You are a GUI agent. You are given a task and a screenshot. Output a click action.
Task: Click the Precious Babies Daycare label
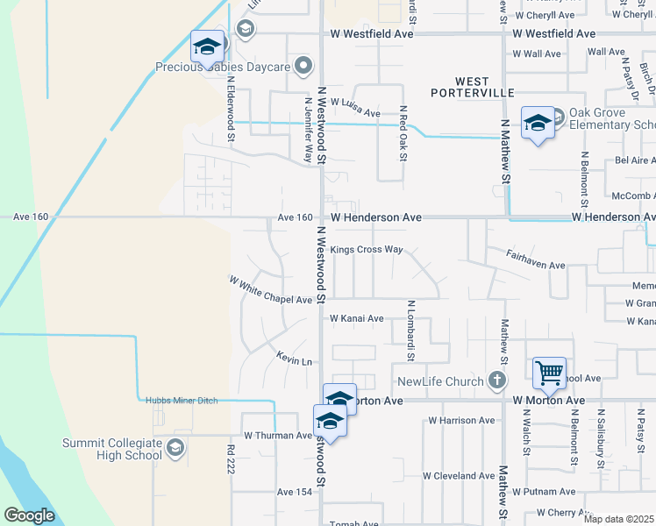pyautogui.click(x=225, y=66)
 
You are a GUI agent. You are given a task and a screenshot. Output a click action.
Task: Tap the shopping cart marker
pyautogui.click(x=549, y=373)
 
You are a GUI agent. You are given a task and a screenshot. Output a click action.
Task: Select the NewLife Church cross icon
pyautogui.click(x=497, y=380)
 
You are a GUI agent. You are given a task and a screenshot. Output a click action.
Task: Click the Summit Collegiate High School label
pyautogui.click(x=112, y=449)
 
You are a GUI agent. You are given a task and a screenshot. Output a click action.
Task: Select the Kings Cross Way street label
pyautogui.click(x=367, y=250)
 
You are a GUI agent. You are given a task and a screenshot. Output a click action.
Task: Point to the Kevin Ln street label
pyautogui.click(x=295, y=359)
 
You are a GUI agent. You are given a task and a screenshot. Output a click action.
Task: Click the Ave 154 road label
pyautogui.click(x=295, y=493)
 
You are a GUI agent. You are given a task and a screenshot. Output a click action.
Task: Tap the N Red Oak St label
pyautogui.click(x=403, y=134)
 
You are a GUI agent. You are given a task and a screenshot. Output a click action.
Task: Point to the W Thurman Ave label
pyautogui.click(x=277, y=435)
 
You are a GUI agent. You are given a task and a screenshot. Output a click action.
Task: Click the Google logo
pyautogui.click(x=30, y=515)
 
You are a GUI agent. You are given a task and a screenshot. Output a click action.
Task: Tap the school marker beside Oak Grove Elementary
pyautogui.click(x=538, y=124)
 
